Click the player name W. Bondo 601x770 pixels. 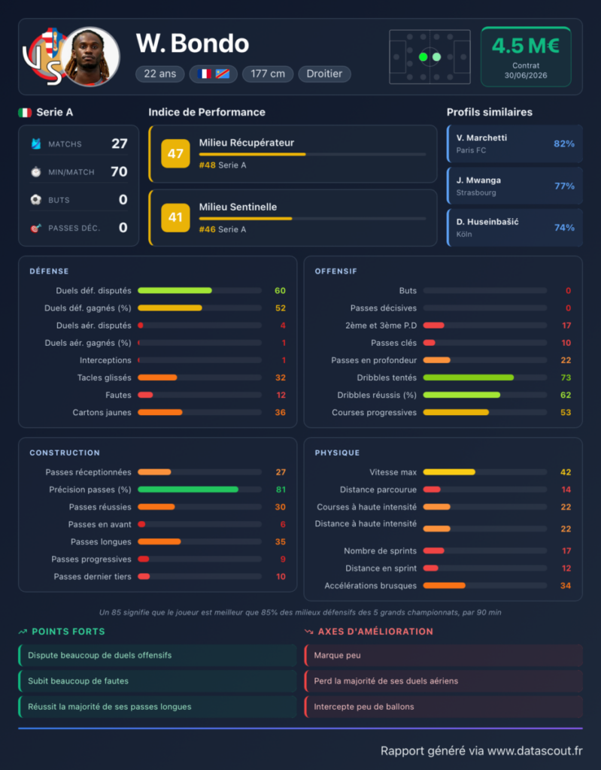pyautogui.click(x=192, y=43)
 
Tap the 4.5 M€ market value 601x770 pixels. pyautogui.click(x=526, y=46)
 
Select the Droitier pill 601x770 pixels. pyautogui.click(x=324, y=74)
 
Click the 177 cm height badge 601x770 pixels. pyautogui.click(x=268, y=74)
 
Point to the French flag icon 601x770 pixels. pyautogui.click(x=205, y=74)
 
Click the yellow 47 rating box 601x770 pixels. pyautogui.click(x=175, y=153)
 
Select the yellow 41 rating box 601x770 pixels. pyautogui.click(x=175, y=217)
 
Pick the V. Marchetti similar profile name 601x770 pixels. pyautogui.click(x=481, y=138)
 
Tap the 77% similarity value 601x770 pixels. pyautogui.click(x=564, y=186)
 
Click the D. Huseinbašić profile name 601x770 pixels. pyautogui.click(x=487, y=222)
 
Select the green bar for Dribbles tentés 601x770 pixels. pyautogui.click(x=469, y=377)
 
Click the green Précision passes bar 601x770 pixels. pyautogui.click(x=188, y=490)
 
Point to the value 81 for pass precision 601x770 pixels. pyautogui.click(x=281, y=490)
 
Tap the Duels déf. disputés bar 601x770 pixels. pyautogui.click(x=175, y=291)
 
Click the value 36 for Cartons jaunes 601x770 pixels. pyautogui.click(x=280, y=413)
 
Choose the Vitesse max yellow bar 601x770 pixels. pyautogui.click(x=449, y=472)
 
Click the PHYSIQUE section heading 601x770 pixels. pyautogui.click(x=337, y=453)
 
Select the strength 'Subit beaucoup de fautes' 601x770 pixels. pyautogui.click(x=78, y=681)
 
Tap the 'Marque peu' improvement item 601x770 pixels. pyautogui.click(x=337, y=656)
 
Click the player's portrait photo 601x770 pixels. pyautogui.click(x=90, y=56)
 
